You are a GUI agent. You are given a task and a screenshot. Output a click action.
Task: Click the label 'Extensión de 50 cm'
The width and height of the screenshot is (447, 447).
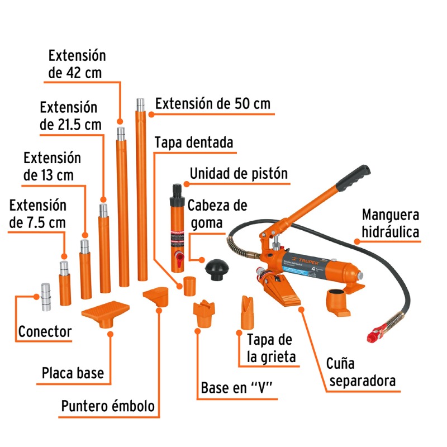[212, 104]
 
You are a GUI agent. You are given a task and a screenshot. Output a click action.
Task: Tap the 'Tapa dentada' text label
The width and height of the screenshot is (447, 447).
[193, 142]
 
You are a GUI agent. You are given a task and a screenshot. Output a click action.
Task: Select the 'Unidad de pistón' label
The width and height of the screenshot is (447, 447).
[239, 174]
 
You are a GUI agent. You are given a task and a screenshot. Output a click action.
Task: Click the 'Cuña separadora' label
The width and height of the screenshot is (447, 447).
[361, 373]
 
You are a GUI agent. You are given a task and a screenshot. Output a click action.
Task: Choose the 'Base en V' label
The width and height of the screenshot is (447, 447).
[239, 388]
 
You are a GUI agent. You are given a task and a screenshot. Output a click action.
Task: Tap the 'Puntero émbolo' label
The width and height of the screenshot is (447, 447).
[108, 407]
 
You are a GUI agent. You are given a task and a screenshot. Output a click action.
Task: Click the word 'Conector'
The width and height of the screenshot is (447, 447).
[45, 332]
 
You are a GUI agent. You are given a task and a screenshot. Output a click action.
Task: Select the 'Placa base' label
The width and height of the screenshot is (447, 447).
[73, 373]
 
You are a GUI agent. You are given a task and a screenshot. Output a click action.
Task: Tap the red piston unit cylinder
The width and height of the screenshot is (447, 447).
[178, 229]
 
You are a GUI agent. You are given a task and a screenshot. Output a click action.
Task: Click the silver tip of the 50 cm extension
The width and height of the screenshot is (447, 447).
[140, 104]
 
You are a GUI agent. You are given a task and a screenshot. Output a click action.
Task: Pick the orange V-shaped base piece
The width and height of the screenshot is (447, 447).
[203, 316]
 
